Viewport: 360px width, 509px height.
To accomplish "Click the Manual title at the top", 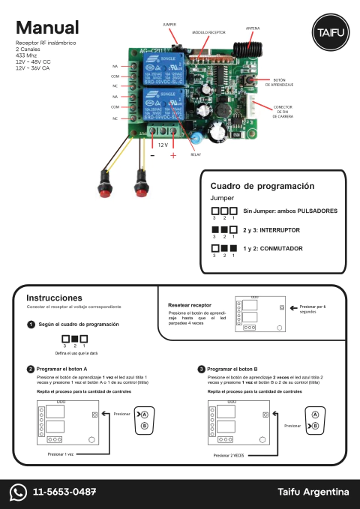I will [46, 28].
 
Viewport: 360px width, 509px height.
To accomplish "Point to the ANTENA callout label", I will [253, 28].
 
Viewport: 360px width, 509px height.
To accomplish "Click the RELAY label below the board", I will [196, 154].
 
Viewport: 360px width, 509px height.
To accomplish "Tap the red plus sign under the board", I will [173, 155].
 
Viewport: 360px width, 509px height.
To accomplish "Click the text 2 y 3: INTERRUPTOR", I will [271, 230].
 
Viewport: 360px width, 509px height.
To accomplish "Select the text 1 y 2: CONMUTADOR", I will [272, 248].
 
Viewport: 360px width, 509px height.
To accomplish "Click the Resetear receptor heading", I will [190, 305].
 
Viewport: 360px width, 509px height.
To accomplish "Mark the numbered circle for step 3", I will [201, 369].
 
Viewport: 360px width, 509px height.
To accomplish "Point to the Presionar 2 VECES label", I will [228, 454].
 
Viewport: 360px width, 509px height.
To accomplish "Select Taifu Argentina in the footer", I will [313, 492].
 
